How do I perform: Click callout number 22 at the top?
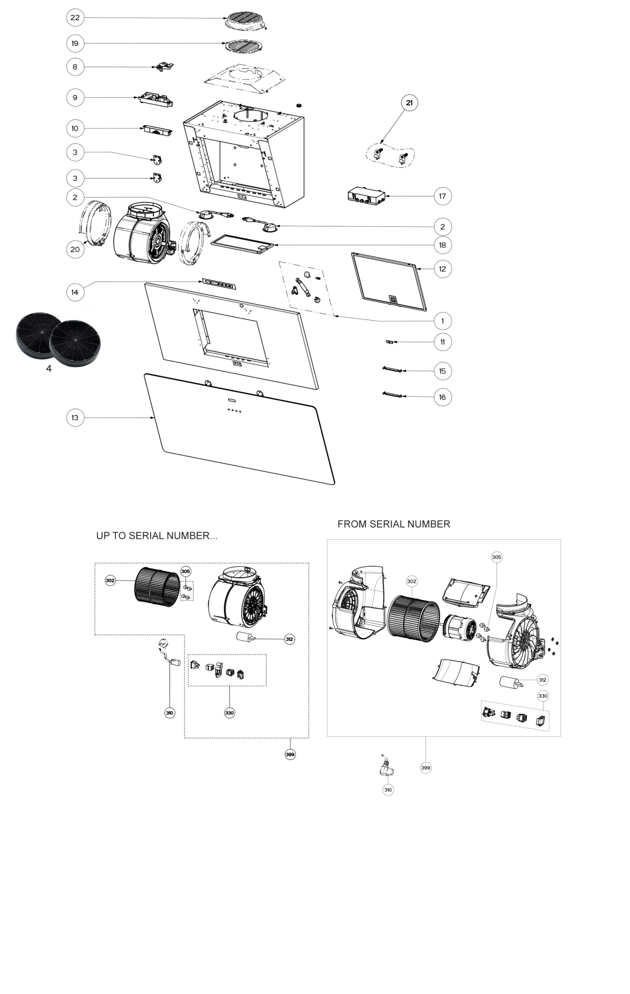[75, 18]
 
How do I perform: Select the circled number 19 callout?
[75, 44]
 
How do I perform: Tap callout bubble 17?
[442, 196]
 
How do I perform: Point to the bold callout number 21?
[409, 103]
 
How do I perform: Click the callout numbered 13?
[75, 417]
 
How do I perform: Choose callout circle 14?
[75, 292]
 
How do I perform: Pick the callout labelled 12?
[442, 269]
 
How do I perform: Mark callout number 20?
[75, 249]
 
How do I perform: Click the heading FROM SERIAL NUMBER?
[393, 524]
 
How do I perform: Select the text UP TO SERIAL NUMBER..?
[156, 536]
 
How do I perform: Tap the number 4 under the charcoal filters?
[49, 369]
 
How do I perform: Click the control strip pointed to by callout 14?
[218, 283]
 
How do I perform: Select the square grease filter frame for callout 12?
[390, 282]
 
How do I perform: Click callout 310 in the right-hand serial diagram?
[388, 790]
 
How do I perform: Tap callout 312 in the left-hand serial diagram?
[290, 639]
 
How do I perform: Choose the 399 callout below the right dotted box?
[426, 768]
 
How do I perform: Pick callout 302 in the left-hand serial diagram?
[111, 581]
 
